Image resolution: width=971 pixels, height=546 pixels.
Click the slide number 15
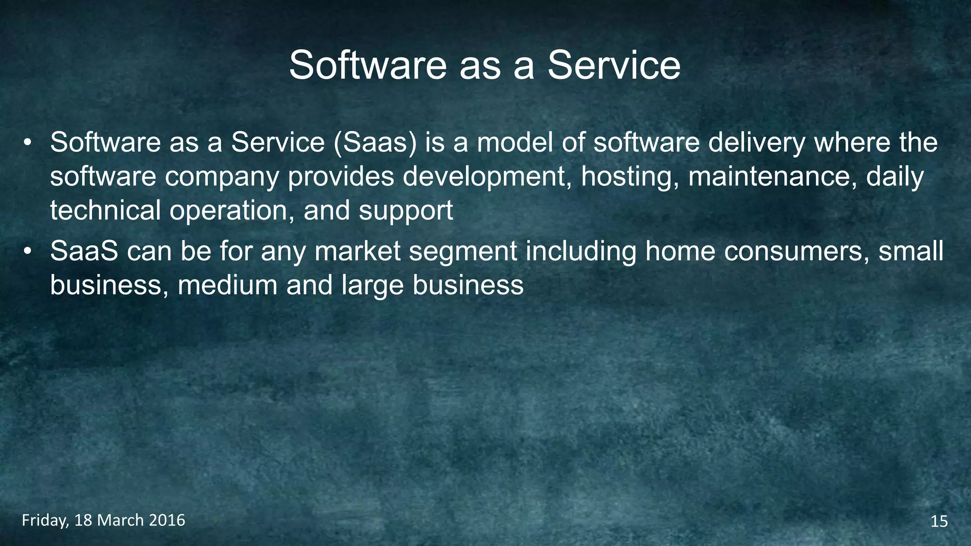click(x=939, y=522)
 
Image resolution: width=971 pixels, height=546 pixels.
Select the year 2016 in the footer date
click(x=167, y=520)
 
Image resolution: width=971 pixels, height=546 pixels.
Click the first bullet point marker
click(x=28, y=143)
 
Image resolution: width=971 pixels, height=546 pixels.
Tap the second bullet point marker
click(x=28, y=252)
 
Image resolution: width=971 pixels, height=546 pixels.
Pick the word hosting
click(x=630, y=177)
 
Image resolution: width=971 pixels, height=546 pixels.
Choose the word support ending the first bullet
click(x=406, y=210)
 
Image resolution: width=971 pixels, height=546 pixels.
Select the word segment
click(x=463, y=251)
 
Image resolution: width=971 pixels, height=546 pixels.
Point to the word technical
click(x=105, y=210)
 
